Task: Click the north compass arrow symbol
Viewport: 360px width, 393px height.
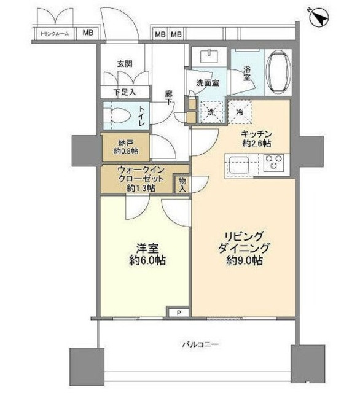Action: pyautogui.click(x=318, y=18)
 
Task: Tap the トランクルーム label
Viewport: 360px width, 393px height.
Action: pyautogui.click(x=54, y=34)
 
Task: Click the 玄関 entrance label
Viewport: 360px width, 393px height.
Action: pyautogui.click(x=126, y=64)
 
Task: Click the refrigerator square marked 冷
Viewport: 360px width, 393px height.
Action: pyautogui.click(x=241, y=112)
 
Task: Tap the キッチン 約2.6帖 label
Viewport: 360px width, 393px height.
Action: pyautogui.click(x=257, y=138)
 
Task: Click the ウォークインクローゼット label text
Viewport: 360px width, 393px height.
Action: pyautogui.click(x=141, y=179)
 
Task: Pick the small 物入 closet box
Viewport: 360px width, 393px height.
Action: pyautogui.click(x=182, y=184)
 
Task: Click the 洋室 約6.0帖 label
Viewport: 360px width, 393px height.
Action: pyautogui.click(x=146, y=254)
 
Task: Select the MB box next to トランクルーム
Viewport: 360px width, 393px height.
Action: pyautogui.click(x=88, y=34)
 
